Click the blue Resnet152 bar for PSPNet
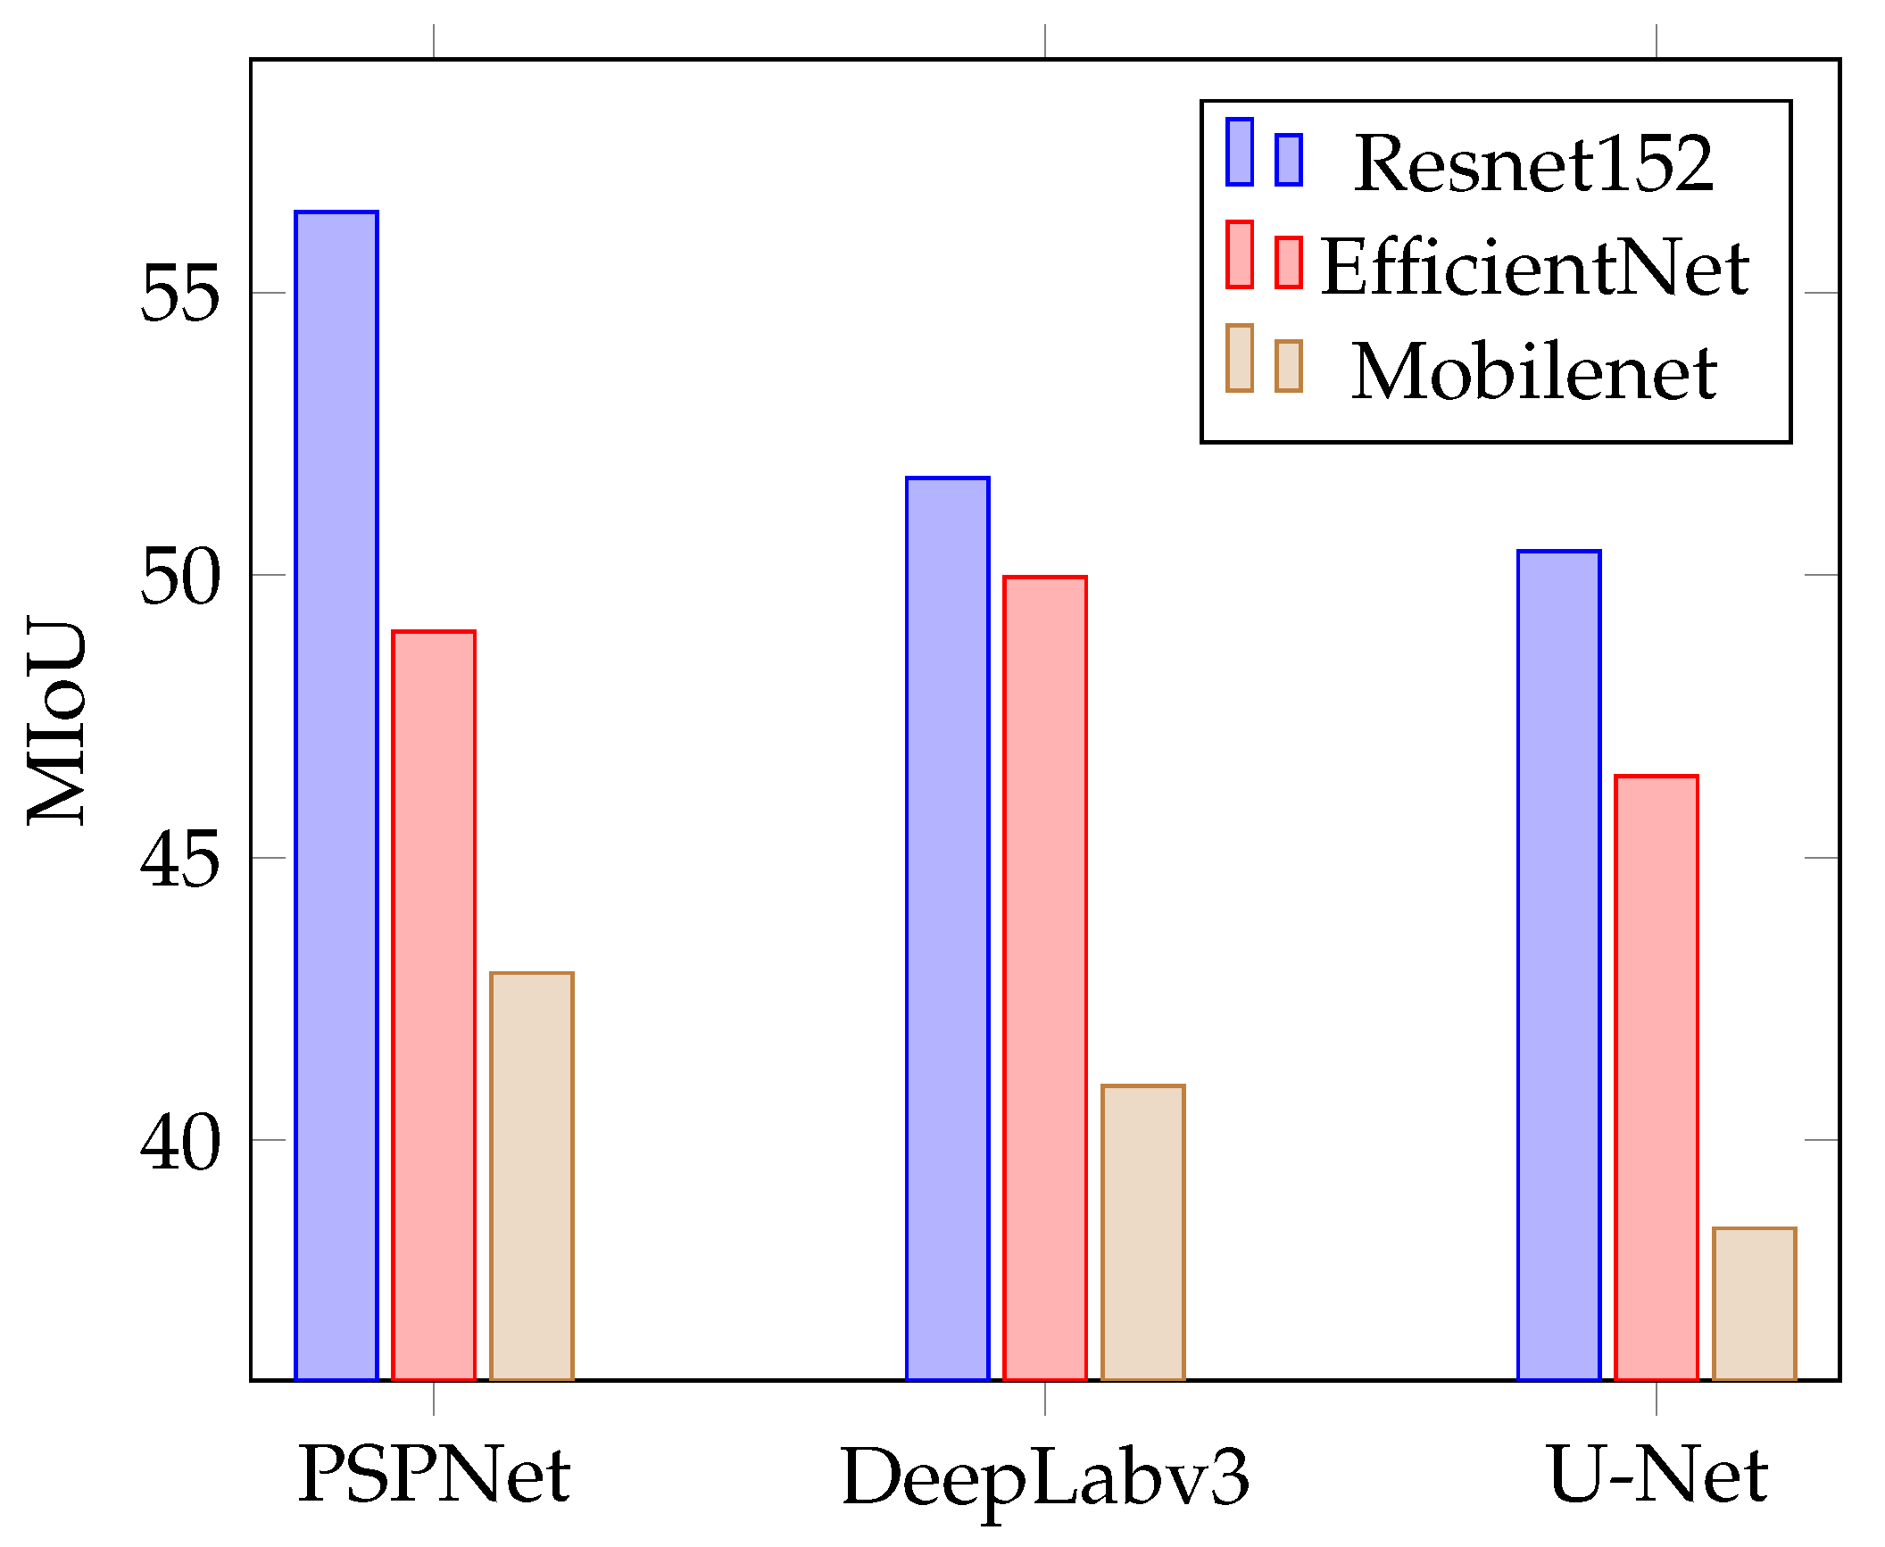pos(336,794)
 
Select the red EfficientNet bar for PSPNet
pos(434,1004)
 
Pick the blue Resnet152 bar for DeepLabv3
pos(948,928)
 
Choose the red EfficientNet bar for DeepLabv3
pos(1045,977)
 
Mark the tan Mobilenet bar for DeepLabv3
pos(1143,1232)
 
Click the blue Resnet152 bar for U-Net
pos(1559,964)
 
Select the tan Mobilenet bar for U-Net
pos(1755,1303)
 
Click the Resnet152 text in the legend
pos(1533,163)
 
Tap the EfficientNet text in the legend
pos(1533,267)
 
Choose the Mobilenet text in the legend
pos(1533,371)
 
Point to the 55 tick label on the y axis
pos(179,294)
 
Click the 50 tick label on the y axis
pos(179,576)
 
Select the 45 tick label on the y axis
pos(179,858)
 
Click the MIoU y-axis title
pos(57,721)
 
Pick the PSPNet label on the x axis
pos(434,1475)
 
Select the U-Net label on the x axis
pos(1657,1475)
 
